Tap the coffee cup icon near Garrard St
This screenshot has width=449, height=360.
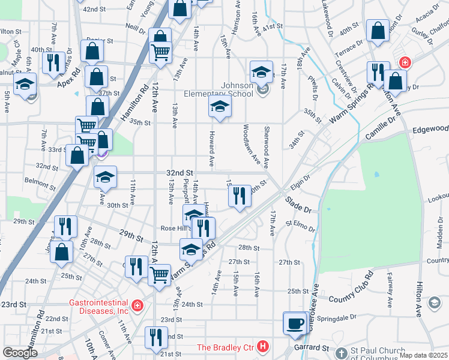tap(295, 323)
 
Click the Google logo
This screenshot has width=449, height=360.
tap(20, 353)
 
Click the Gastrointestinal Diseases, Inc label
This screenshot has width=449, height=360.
tap(99, 307)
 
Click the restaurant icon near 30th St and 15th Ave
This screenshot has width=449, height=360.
tap(240, 195)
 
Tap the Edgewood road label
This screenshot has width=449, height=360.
tap(431, 129)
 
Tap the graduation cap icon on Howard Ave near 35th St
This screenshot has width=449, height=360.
tap(220, 107)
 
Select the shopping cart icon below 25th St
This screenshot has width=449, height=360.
tap(159, 275)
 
